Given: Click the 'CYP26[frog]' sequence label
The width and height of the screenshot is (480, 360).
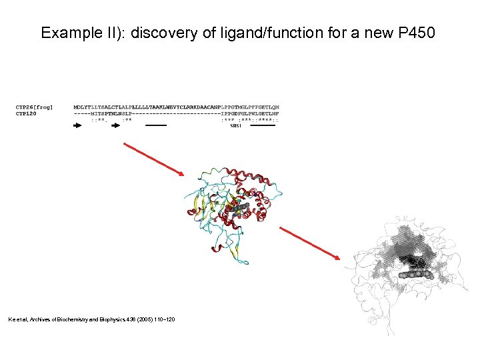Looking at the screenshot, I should point(35,107).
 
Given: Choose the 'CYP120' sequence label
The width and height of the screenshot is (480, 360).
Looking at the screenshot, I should point(27,113).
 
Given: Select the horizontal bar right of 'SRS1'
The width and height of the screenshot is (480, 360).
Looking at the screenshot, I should point(262,125).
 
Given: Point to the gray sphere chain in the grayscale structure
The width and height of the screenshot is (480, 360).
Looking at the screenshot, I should point(413,274).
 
